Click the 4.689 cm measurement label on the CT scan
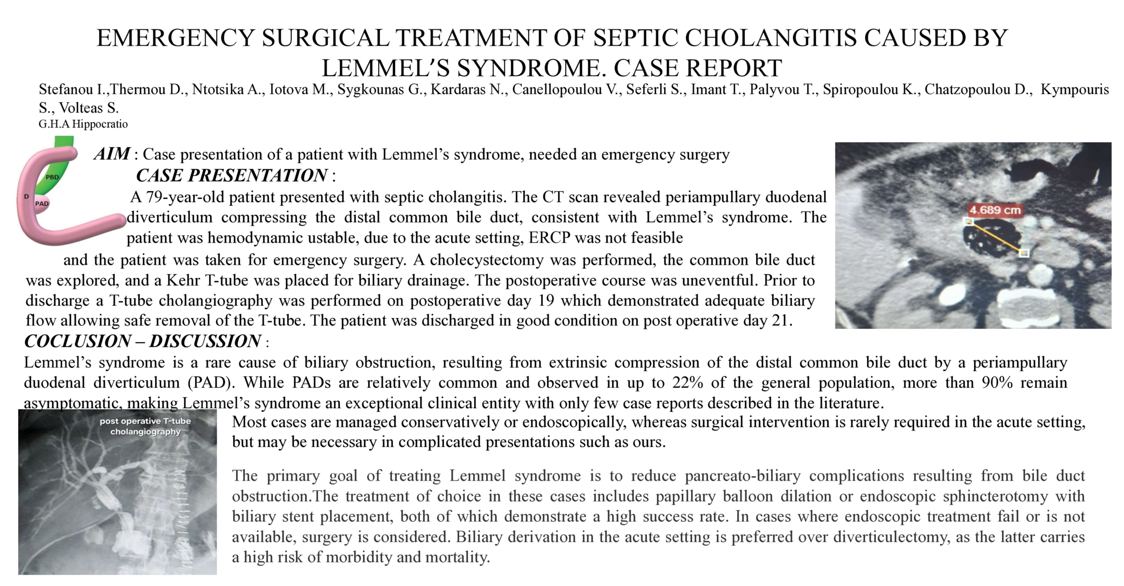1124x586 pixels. point(994,210)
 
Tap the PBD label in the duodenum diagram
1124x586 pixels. point(52,177)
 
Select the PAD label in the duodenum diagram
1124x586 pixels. point(42,204)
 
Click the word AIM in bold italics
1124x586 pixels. point(112,154)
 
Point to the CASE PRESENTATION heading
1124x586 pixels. point(231,176)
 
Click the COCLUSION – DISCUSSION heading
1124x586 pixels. point(142,342)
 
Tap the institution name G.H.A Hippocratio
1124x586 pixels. point(83,124)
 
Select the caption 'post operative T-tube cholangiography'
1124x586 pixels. point(145,426)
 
